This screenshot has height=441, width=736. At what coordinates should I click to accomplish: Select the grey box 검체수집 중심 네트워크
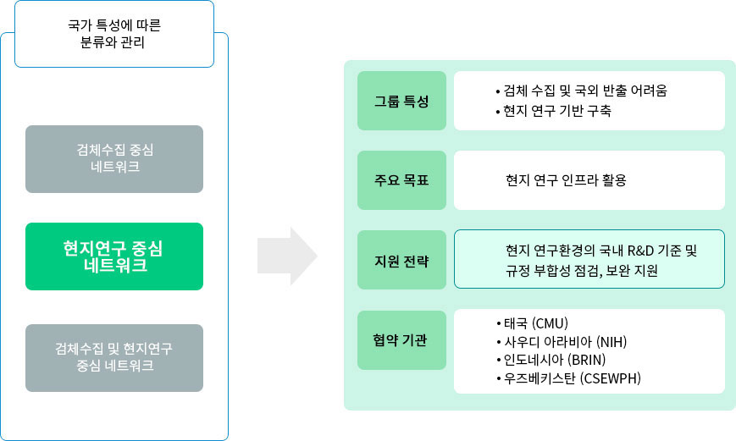coord(114,158)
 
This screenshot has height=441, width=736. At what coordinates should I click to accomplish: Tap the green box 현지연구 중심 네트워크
coord(114,256)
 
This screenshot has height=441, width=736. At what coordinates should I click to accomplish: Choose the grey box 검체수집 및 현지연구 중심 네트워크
coord(114,357)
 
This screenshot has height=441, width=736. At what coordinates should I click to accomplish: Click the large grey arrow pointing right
coord(287,256)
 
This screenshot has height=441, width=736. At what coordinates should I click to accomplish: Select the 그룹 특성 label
coord(401,101)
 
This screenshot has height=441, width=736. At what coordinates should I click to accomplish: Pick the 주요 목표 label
coord(401,180)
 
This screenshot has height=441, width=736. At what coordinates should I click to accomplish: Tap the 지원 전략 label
coord(401,260)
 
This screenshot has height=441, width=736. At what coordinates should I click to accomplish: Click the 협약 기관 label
coord(401,339)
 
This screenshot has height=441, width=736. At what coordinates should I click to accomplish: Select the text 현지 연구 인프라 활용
coord(566,180)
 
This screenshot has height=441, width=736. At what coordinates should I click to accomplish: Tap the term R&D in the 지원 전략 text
coord(635,251)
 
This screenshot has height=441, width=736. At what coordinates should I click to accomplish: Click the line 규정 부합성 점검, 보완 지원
coord(581,271)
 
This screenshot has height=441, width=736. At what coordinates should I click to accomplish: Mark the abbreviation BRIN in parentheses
coord(588,360)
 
